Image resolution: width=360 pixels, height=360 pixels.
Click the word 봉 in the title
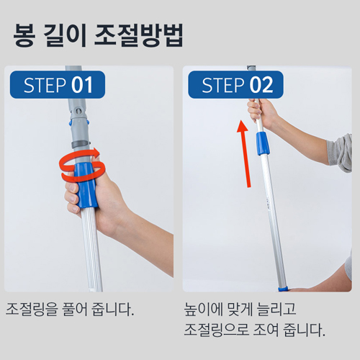[x=25, y=36]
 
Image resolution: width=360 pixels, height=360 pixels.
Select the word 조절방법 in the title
[x=139, y=36]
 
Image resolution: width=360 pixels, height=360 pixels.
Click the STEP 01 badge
[x=58, y=85]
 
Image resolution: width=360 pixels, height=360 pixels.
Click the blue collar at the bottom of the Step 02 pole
[x=282, y=288]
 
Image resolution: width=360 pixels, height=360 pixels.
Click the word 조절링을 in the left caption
[x=33, y=311]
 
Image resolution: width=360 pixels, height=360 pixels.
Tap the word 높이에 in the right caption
[x=206, y=311]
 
